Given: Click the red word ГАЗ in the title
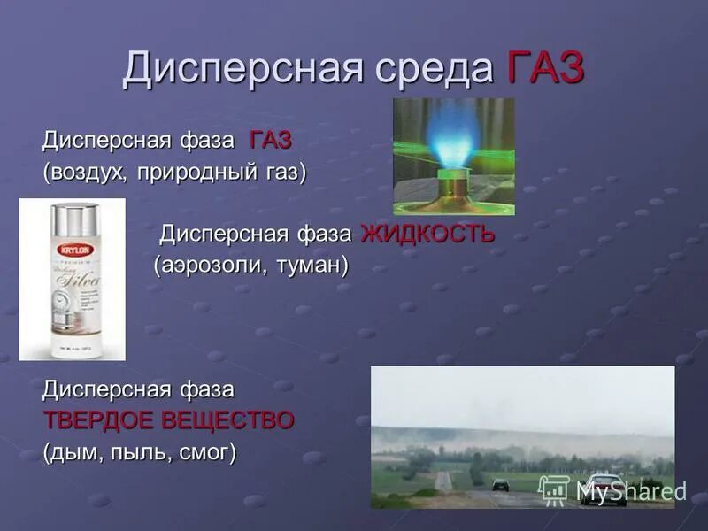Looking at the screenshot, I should pos(546,68).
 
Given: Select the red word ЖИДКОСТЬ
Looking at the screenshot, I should pos(427,235).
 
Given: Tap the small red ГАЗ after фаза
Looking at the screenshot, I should pos(270,140).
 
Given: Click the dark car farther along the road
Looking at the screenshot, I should pos(501,484).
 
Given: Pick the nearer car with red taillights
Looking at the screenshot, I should pos(603,490).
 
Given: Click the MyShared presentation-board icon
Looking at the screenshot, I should pos(554,489).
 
